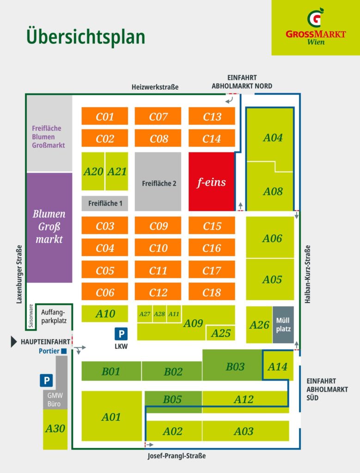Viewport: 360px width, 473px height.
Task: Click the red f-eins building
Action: point(212,181)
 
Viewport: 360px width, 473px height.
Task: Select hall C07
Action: point(158,116)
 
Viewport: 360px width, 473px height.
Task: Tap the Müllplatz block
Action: point(283,325)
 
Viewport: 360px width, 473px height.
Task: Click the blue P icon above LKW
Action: point(121,334)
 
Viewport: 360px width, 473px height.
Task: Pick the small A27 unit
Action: point(145,314)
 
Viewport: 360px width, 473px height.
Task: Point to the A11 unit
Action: point(174,314)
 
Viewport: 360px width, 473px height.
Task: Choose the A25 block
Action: point(220,333)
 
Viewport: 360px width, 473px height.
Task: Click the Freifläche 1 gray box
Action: point(105,203)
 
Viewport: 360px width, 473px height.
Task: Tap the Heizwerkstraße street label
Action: point(155,87)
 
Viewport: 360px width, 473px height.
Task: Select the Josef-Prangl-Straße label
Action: point(177,455)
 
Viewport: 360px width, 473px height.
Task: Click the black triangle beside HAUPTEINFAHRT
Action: point(13,342)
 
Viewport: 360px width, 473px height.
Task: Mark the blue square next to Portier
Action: point(64,351)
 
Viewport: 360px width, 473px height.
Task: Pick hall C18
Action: point(212,292)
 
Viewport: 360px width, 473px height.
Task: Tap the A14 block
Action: point(278,366)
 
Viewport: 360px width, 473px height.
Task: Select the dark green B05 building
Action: point(173,402)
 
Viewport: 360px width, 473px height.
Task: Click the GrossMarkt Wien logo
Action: point(316,27)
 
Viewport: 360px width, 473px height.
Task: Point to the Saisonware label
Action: point(31,316)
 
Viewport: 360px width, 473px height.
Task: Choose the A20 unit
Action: point(93,171)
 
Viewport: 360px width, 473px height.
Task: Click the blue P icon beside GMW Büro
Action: point(47,381)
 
